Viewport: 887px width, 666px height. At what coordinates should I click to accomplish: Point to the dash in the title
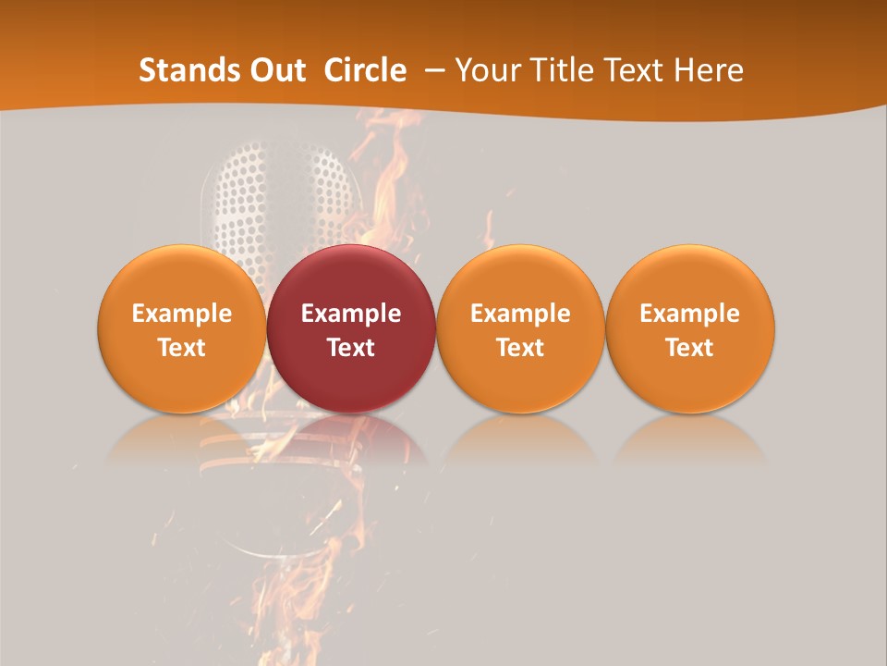(x=431, y=70)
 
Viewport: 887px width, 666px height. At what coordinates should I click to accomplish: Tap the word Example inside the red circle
(x=351, y=314)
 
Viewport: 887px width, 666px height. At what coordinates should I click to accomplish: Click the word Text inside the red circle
(x=351, y=348)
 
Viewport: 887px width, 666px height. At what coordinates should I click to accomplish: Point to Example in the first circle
(x=182, y=314)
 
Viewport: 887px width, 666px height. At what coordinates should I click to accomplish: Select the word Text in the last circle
(x=690, y=348)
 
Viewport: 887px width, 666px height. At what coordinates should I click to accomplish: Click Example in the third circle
(x=520, y=314)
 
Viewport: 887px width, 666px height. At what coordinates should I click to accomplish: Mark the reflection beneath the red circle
(x=351, y=439)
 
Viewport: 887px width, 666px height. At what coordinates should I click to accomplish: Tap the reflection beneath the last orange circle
(x=690, y=439)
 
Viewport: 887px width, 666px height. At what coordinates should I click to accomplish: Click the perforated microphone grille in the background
(x=277, y=190)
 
